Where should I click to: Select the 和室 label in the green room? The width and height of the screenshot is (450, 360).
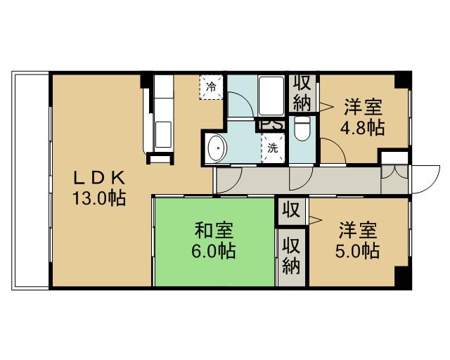click(214, 230)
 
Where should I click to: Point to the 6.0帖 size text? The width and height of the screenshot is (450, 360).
click(214, 250)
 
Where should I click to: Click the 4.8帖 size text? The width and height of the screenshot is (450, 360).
click(362, 128)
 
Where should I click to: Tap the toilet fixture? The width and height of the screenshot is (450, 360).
click(302, 129)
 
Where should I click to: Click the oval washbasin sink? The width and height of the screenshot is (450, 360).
click(217, 148)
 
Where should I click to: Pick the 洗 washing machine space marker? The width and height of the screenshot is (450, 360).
click(271, 148)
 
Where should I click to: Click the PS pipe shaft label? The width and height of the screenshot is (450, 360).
click(270, 125)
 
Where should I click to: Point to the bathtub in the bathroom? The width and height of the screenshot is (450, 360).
click(271, 95)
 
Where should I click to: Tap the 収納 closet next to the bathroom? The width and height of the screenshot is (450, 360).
click(302, 92)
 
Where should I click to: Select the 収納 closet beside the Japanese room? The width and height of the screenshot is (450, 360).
click(291, 255)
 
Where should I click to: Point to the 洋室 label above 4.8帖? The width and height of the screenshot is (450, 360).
click(363, 108)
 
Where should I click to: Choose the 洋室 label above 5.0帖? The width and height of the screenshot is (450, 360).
click(359, 229)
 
